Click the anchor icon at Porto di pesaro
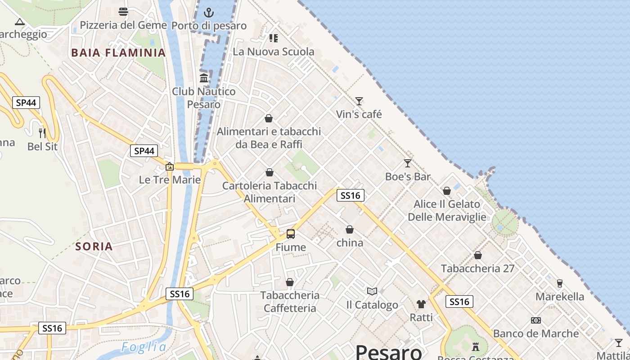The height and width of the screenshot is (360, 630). point(209,12)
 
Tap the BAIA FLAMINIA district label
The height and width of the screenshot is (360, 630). point(118,53)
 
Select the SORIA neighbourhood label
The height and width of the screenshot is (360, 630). point(94,246)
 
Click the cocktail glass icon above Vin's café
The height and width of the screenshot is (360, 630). point(359,101)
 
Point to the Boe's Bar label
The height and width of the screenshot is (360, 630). point(408,176)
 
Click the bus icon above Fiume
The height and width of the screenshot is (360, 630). point(291,234)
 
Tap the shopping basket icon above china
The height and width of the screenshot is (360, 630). point(350,229)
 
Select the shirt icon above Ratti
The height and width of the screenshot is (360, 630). point(421,304)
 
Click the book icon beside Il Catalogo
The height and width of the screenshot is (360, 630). point(372,292)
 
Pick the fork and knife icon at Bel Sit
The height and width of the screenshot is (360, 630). point(42,133)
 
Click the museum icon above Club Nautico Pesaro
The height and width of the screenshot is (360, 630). point(204,78)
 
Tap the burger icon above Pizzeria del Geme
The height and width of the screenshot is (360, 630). point(123,12)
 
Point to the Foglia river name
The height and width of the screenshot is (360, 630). point(144,347)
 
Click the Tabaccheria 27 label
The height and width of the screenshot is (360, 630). point(477,268)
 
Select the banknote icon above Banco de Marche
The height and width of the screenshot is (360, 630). point(535,320)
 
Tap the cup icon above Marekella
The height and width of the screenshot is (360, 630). point(560,283)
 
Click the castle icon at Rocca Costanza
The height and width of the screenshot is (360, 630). point(476,346)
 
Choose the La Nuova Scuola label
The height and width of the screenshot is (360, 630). point(274,51)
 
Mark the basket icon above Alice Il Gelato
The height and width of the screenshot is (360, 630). point(447,191)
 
